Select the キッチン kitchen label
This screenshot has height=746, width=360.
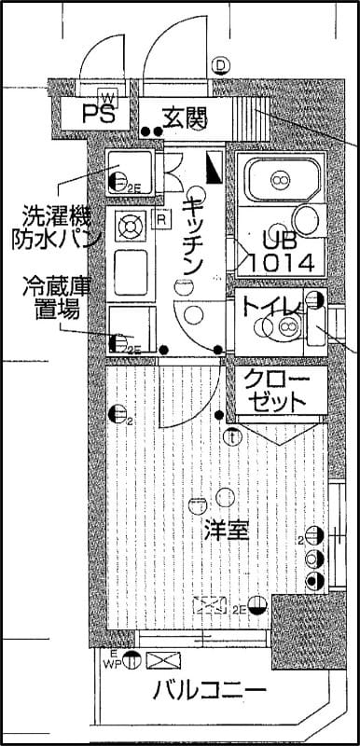click(193, 236)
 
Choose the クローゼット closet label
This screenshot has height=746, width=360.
click(275, 391)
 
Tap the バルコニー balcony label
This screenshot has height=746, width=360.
click(209, 691)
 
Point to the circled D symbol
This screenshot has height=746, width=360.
click(220, 65)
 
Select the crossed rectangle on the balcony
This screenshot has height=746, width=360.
click(165, 662)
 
